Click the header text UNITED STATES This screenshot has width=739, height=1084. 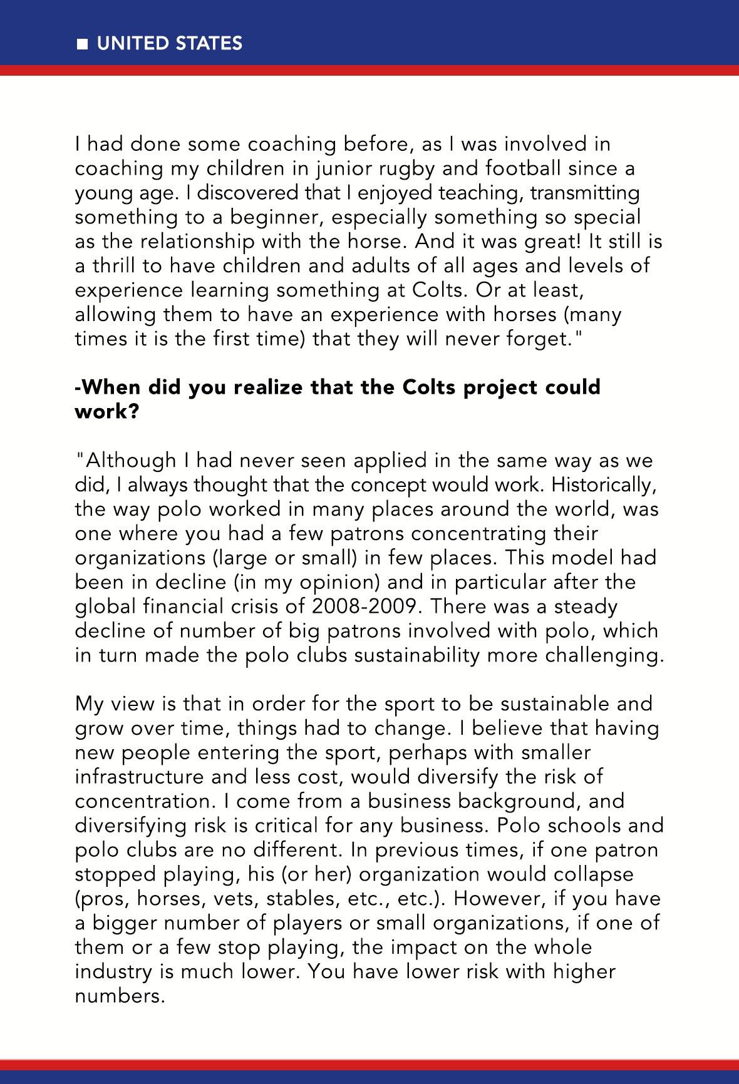[x=169, y=43]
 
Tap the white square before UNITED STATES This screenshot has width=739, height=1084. [x=81, y=44]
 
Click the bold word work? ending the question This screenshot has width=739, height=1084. [x=106, y=412]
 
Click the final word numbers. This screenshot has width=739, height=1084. [x=119, y=996]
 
